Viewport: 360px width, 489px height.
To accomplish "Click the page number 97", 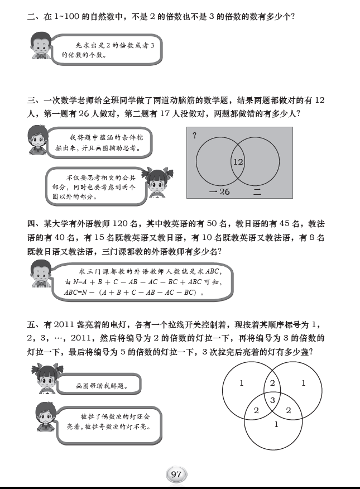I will coord(176,474).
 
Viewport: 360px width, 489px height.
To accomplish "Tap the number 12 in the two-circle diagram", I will coord(238,162).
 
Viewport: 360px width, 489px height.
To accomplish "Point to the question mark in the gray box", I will coord(194,135).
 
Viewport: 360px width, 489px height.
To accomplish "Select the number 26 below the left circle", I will coord(223,192).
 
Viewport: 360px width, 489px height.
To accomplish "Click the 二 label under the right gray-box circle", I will coord(257,192).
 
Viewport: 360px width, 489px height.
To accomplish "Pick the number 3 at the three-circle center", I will coord(272,400).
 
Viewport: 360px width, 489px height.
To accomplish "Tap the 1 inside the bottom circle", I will coord(276,425).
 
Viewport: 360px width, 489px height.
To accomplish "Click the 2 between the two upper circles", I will coord(272,383).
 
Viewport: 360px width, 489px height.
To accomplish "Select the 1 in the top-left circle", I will coord(241,383).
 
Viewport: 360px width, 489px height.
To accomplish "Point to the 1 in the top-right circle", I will coord(304,383).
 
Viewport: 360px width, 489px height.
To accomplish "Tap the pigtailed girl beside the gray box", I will coord(157,183).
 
